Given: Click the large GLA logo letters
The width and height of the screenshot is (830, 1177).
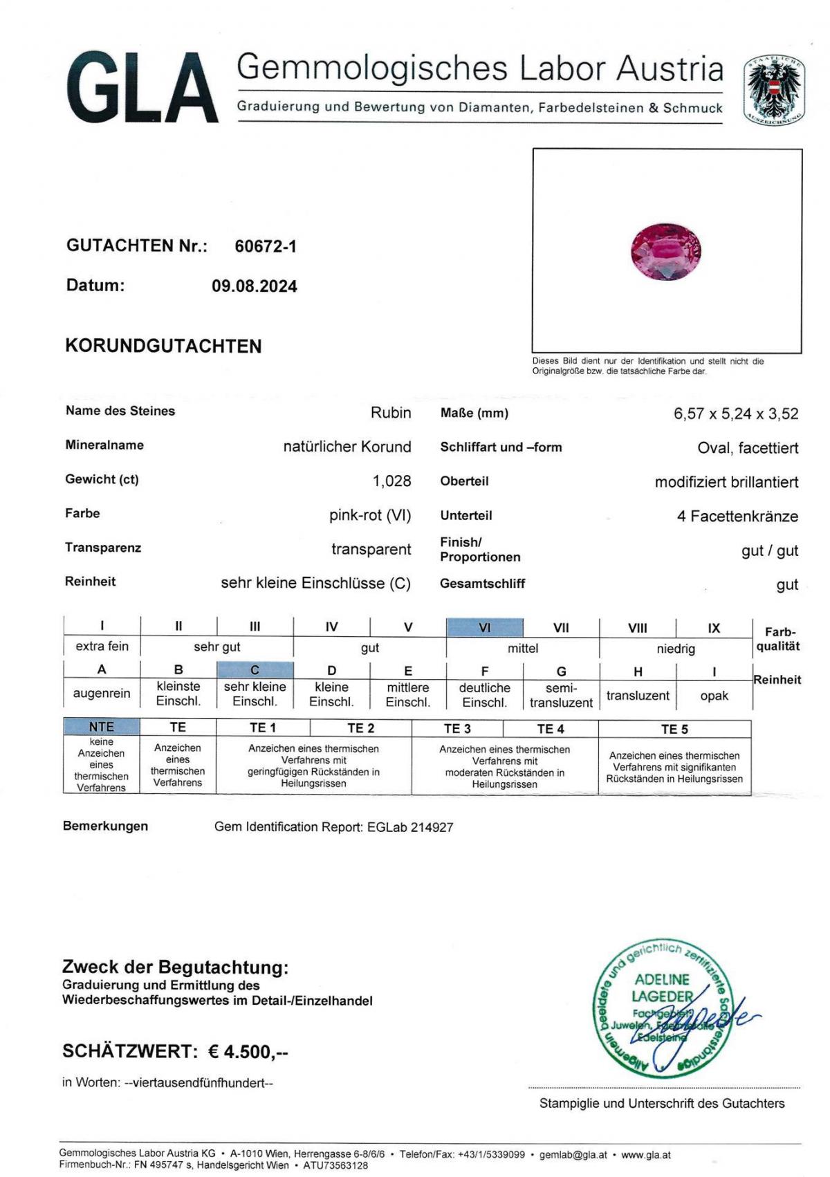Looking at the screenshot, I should pyautogui.click(x=142, y=89).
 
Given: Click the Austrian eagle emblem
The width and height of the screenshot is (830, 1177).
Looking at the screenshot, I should pyautogui.click(x=774, y=91).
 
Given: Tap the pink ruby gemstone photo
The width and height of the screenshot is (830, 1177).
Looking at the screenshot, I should pyautogui.click(x=666, y=251).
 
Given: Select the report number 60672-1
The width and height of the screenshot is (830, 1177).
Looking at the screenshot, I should pyautogui.click(x=266, y=246).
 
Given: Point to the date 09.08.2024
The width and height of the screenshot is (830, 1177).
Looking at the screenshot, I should pyautogui.click(x=255, y=286).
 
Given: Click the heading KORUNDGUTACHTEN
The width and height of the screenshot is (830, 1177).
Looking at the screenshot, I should pyautogui.click(x=163, y=346).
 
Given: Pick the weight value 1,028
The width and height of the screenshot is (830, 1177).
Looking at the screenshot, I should pyautogui.click(x=391, y=481).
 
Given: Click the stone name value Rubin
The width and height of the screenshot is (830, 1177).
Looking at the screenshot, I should pyautogui.click(x=391, y=413).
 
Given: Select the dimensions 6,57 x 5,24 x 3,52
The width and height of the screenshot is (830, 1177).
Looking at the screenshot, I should pyautogui.click(x=736, y=414).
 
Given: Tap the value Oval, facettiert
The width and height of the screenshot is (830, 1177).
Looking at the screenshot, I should pyautogui.click(x=748, y=448).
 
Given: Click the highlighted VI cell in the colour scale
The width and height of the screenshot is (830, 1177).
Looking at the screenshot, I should pyautogui.click(x=484, y=628).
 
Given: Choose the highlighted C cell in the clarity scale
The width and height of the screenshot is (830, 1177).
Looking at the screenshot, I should pyautogui.click(x=255, y=670).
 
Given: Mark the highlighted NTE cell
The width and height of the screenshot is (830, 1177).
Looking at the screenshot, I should pyautogui.click(x=101, y=727).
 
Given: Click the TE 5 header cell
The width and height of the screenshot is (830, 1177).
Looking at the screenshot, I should pyautogui.click(x=674, y=729).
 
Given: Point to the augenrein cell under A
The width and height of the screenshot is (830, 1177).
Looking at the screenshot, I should pyautogui.click(x=102, y=693).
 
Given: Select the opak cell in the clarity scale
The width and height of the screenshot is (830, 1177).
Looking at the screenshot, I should pyautogui.click(x=714, y=696).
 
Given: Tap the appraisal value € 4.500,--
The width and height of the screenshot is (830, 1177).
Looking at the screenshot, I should pyautogui.click(x=248, y=1052).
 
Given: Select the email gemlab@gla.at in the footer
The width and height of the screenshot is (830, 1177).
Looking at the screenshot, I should pyautogui.click(x=573, y=1155).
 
